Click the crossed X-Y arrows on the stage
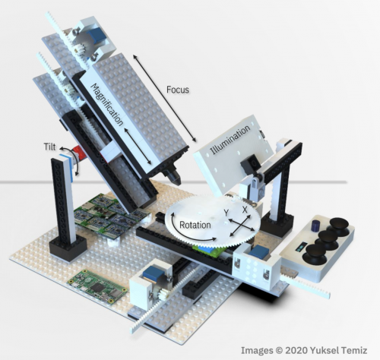237,223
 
